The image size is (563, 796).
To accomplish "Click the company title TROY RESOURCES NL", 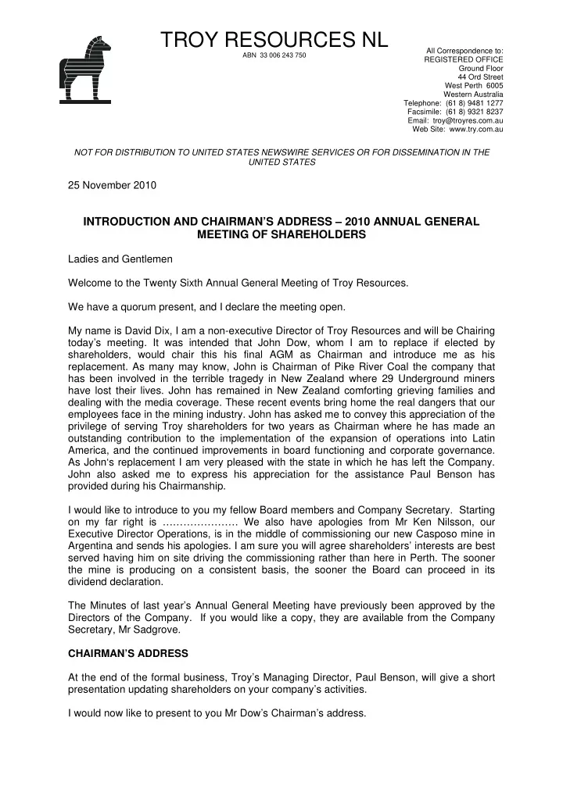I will click(274, 39).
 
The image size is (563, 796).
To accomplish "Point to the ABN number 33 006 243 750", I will click(274, 56).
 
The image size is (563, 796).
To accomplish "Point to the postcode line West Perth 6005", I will click(474, 85).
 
